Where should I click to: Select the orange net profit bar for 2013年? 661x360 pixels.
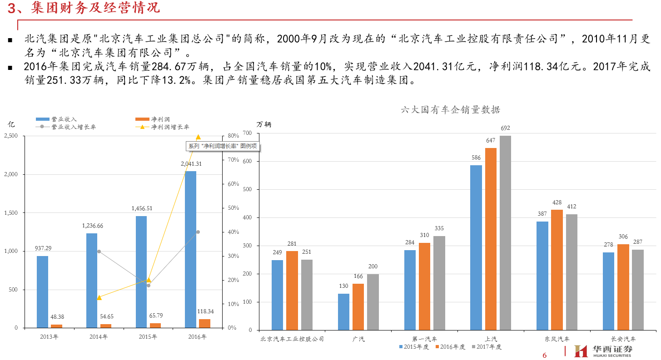click(56, 326)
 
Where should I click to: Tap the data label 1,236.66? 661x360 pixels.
click(93, 226)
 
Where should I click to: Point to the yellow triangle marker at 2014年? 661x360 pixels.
click(99, 297)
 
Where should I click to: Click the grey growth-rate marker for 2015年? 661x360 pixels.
click(148, 285)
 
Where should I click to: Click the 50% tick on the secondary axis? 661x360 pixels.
click(233, 208)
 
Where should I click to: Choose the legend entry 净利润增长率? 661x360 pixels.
click(170, 127)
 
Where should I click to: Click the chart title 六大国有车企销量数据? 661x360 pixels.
click(451, 110)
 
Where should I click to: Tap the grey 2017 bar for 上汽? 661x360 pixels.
click(505, 232)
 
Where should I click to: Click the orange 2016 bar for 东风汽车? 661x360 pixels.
click(557, 270)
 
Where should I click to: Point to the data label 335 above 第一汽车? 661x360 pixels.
click(439, 228)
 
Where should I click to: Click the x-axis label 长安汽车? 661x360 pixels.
click(623, 339)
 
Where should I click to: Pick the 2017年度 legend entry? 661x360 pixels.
click(488, 347)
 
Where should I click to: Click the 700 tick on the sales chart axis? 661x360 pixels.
click(247, 133)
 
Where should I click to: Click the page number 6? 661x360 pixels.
click(545, 355)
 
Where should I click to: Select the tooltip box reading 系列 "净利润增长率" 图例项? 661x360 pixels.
click(223, 146)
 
